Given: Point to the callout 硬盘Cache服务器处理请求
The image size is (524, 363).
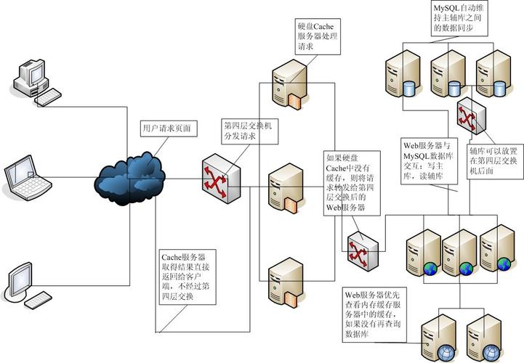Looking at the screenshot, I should (318, 36).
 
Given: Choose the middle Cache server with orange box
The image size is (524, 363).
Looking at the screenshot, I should (286, 189).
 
